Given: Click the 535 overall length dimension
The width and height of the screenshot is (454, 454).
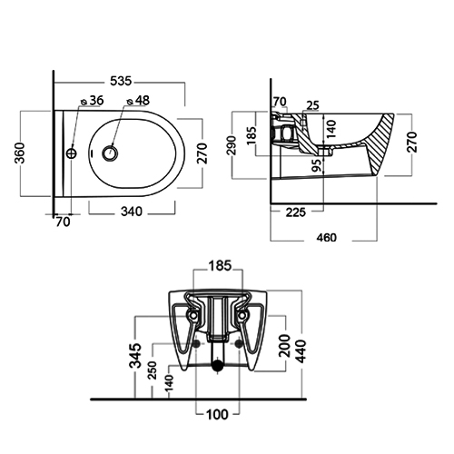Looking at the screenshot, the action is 121,81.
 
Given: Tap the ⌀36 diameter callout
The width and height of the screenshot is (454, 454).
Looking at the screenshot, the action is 93,101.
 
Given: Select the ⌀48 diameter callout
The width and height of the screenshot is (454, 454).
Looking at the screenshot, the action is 138,101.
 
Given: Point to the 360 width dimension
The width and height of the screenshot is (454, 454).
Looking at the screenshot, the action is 21,153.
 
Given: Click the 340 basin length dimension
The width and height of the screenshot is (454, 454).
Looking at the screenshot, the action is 132,212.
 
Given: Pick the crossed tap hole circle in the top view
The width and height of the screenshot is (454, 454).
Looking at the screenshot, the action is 72,153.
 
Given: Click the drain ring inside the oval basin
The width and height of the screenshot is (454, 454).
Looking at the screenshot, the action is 110,153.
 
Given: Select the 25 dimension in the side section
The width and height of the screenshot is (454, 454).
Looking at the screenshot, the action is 312,105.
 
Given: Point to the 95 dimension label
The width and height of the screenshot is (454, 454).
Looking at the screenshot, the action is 316,165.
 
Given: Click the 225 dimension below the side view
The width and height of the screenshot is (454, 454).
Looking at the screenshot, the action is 296,212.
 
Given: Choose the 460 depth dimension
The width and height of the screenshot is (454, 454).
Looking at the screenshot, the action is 327,238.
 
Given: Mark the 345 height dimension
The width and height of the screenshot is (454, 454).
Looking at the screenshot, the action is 135,355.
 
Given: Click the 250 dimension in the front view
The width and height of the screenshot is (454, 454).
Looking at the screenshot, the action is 153,370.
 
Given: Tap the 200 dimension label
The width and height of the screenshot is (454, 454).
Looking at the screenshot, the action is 285,346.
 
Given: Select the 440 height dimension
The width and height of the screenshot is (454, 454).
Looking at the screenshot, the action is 301,351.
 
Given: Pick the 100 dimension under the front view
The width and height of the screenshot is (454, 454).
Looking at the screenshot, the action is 217,414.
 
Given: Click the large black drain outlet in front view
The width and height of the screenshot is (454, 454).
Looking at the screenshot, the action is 217,366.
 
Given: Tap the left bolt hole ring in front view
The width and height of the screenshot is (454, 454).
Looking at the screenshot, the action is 193,316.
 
